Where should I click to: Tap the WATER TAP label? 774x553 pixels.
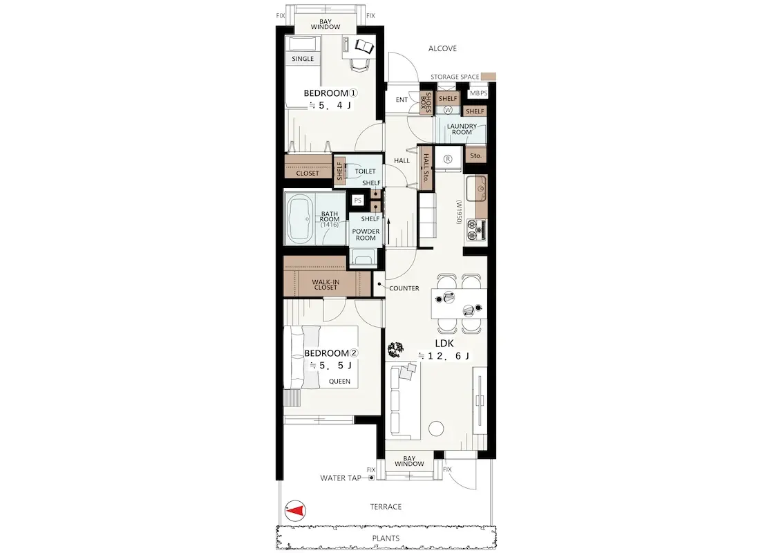coord(341,478)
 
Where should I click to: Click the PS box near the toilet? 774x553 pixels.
coord(358,200)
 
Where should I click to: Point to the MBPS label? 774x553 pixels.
coord(478,93)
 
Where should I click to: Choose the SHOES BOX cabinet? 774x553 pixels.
coord(426,103)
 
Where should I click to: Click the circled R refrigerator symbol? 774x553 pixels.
coord(449,159)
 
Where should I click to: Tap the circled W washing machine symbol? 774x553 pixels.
coord(448,110)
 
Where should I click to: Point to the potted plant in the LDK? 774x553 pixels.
coord(395,350)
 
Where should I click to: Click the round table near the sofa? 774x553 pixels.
coord(436,428)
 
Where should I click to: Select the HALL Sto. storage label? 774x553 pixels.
coord(426,167)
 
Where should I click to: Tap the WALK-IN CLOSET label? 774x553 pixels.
coord(325,284)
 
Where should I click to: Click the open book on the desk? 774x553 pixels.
coord(364,47)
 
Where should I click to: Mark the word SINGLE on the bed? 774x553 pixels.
coord(303,58)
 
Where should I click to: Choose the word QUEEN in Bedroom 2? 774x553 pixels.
coord(339,381)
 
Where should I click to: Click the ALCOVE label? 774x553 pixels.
coord(442,48)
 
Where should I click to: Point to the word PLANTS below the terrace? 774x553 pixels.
coord(386,538)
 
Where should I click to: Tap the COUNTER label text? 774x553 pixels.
coord(404,288)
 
